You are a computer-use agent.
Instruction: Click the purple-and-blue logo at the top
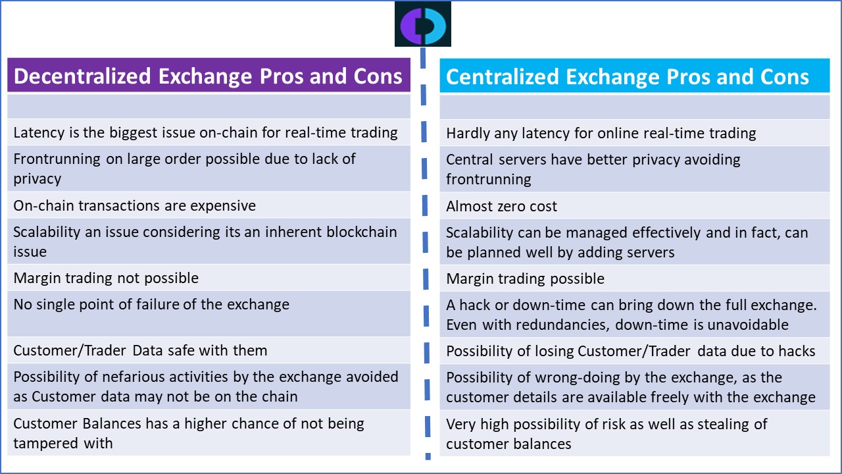[423, 24]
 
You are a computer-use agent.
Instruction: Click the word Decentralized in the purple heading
[82, 76]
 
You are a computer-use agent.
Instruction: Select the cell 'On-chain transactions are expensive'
[209, 205]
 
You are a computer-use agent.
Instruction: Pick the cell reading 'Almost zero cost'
[635, 206]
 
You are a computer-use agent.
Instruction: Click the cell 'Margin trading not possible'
[209, 278]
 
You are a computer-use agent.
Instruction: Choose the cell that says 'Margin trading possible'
[635, 278]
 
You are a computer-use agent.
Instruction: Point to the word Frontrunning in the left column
[57, 159]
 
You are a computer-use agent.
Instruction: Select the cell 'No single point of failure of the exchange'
[209, 314]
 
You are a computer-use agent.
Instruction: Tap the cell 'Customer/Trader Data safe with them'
[209, 350]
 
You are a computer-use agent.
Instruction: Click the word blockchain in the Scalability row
[362, 232]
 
